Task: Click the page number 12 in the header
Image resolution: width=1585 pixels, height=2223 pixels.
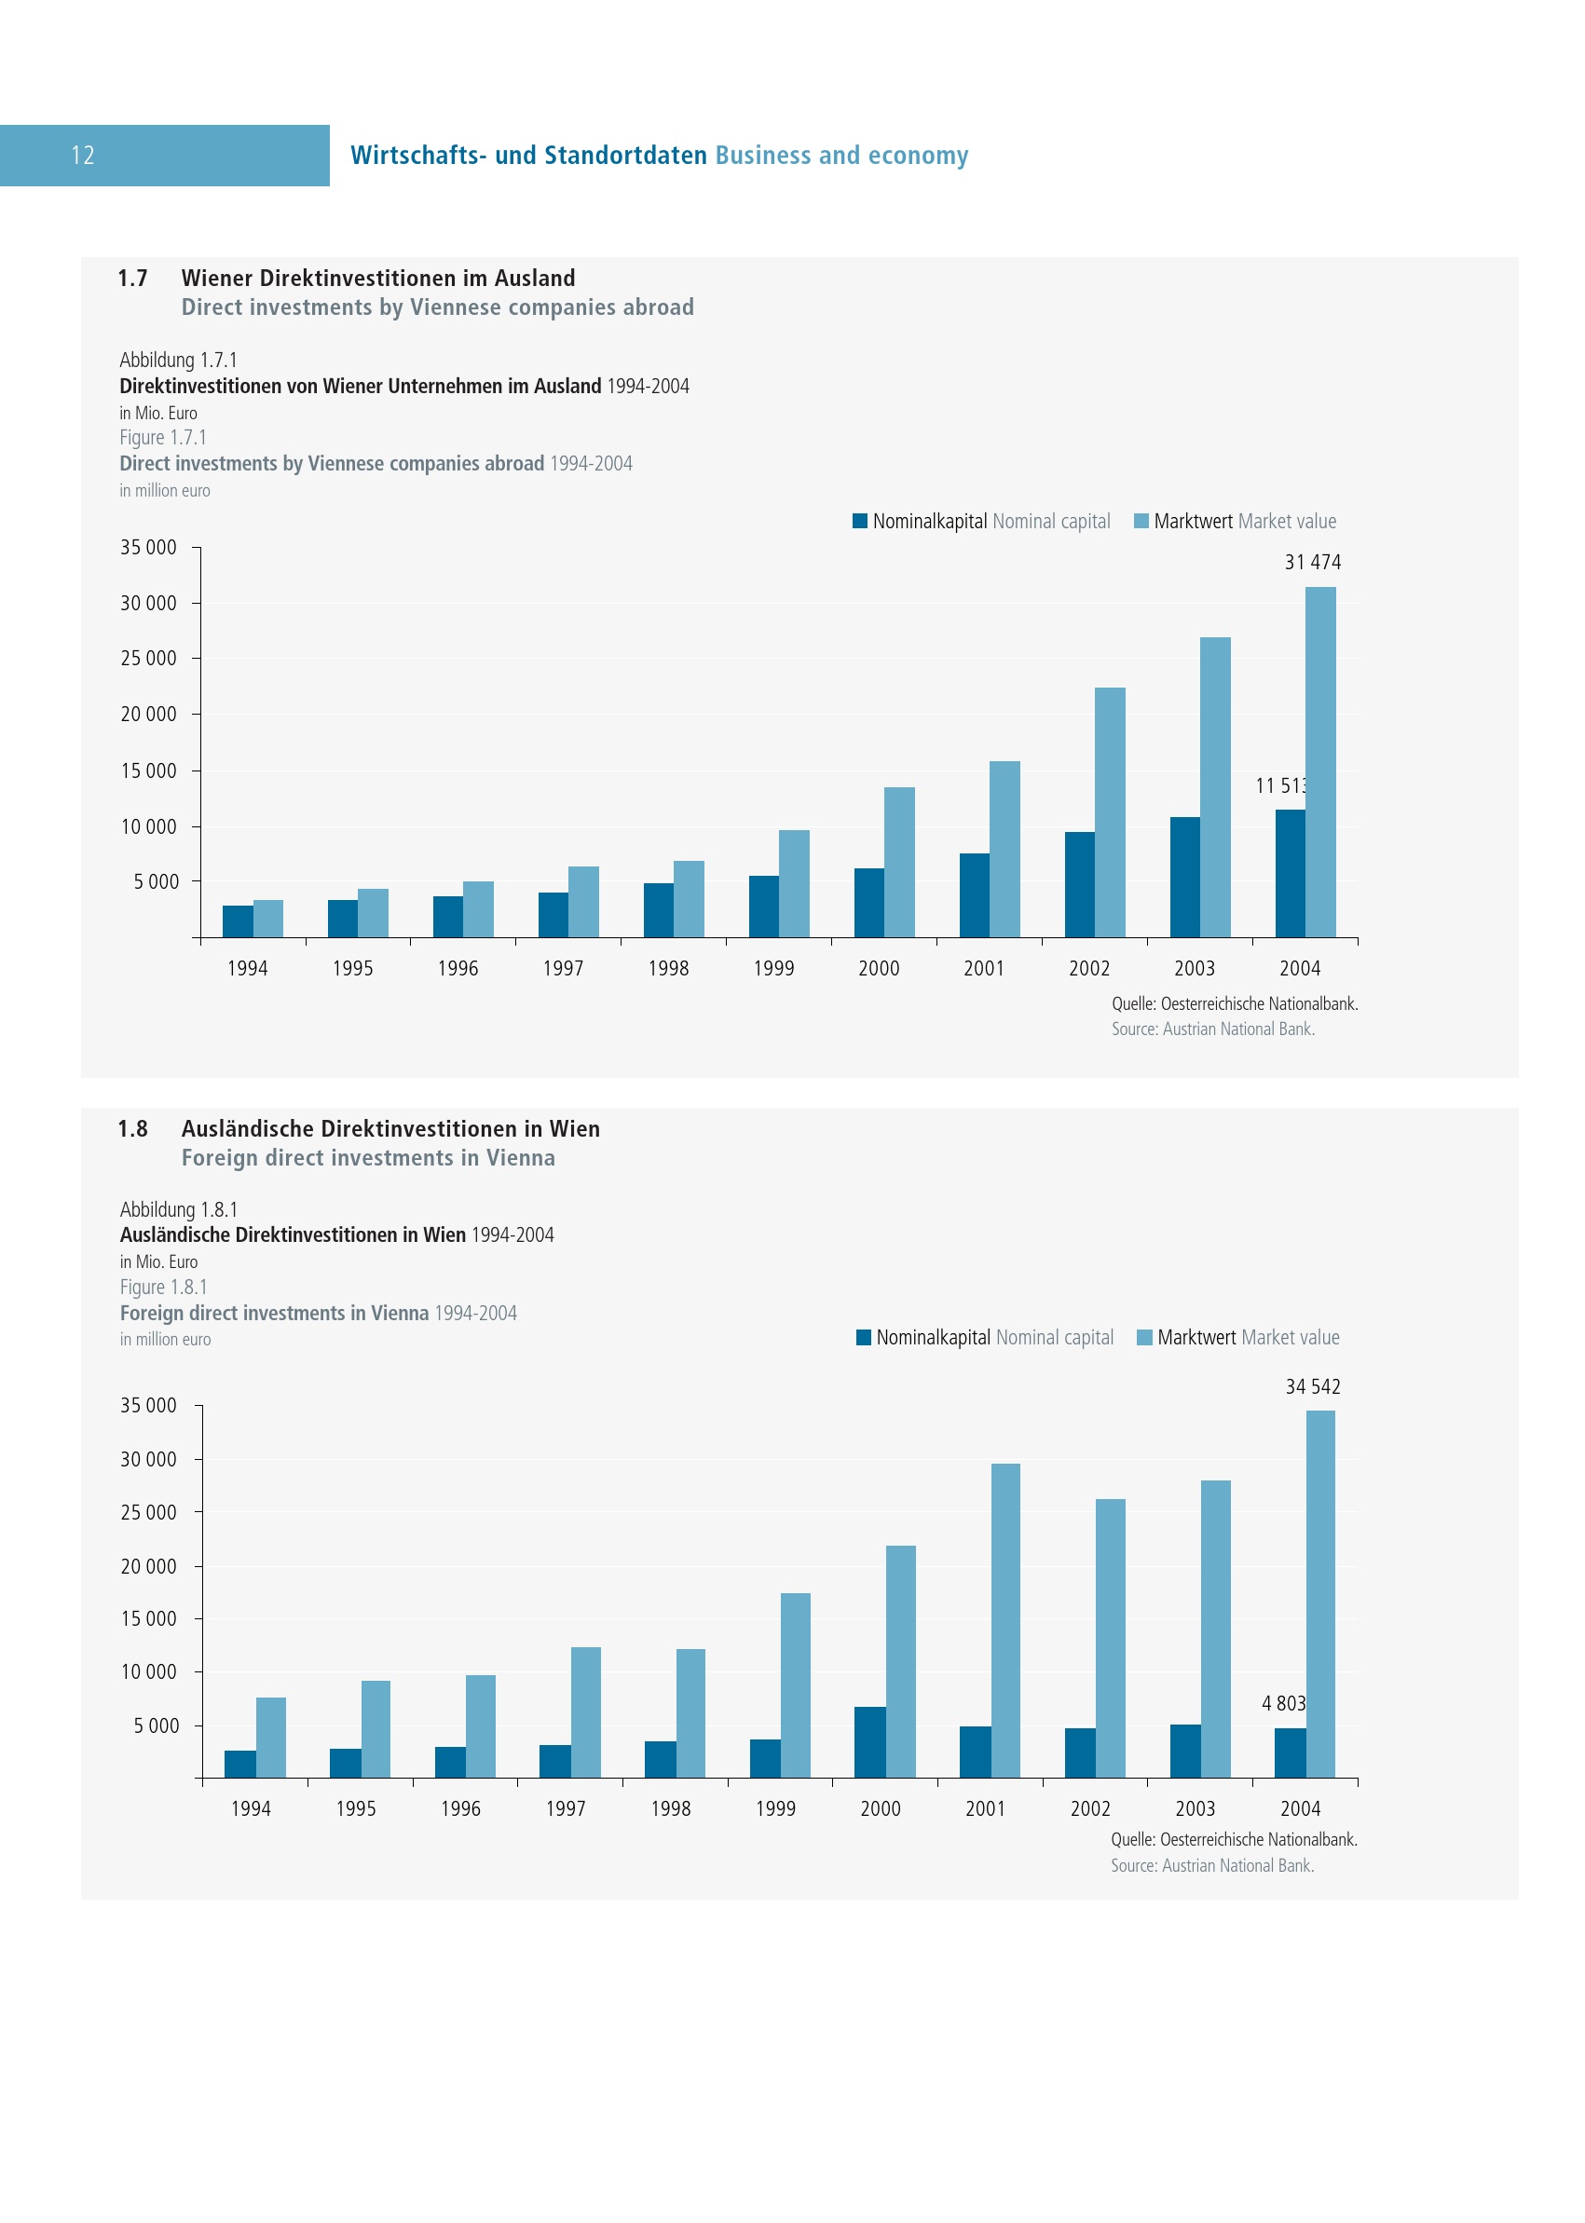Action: [83, 156]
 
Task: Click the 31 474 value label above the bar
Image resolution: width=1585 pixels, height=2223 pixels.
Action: [1312, 562]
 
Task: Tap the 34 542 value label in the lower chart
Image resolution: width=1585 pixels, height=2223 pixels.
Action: [1312, 1386]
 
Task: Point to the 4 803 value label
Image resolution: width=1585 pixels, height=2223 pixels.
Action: [1282, 1703]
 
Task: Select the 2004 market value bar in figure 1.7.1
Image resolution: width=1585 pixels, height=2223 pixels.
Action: [1320, 761]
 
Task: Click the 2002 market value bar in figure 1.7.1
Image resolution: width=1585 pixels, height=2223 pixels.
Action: [1110, 811]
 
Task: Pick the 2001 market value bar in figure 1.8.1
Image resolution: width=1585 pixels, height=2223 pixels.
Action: [1005, 1620]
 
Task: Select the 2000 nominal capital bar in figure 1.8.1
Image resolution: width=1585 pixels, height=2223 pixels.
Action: [869, 1742]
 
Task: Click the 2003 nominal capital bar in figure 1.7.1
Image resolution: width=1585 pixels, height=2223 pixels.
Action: [1185, 877]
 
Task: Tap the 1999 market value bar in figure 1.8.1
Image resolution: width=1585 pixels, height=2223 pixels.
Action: [796, 1685]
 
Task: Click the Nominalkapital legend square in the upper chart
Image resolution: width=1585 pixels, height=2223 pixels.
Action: [860, 521]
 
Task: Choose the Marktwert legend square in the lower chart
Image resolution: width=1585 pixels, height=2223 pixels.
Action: [1145, 1337]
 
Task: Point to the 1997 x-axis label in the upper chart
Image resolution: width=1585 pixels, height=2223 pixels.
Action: [563, 968]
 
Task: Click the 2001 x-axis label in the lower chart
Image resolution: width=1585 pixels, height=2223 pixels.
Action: [985, 1808]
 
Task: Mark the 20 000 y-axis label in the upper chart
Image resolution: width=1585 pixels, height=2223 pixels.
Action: [148, 715]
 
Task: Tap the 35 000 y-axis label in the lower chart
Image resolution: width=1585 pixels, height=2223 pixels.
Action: [148, 1405]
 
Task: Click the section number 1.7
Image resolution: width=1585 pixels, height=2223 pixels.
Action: [132, 279]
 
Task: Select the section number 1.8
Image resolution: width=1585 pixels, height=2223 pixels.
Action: [132, 1129]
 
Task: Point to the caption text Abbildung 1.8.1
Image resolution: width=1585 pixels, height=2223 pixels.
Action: [179, 1209]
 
